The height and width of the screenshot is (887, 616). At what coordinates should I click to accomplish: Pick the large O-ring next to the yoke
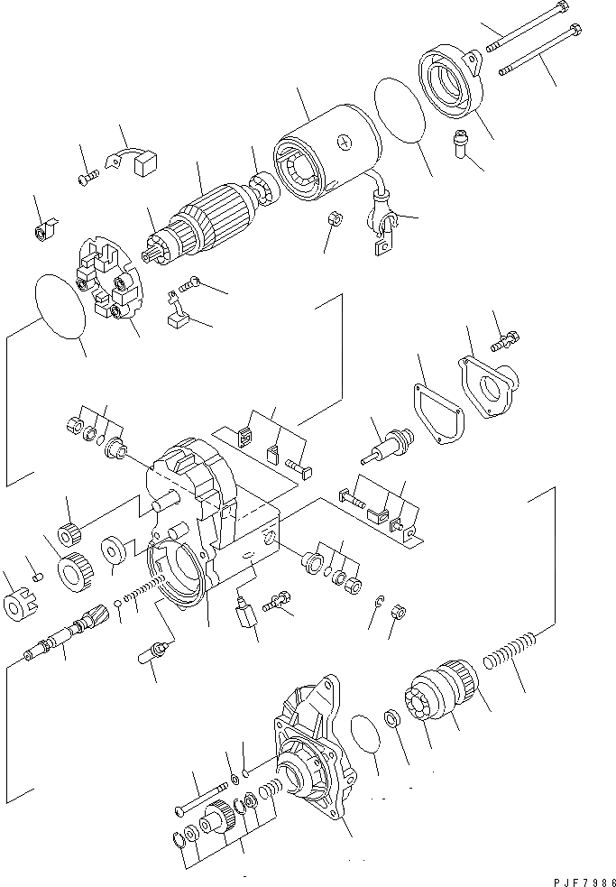coord(398,111)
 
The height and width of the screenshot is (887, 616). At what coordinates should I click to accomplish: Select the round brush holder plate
coord(108,279)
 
